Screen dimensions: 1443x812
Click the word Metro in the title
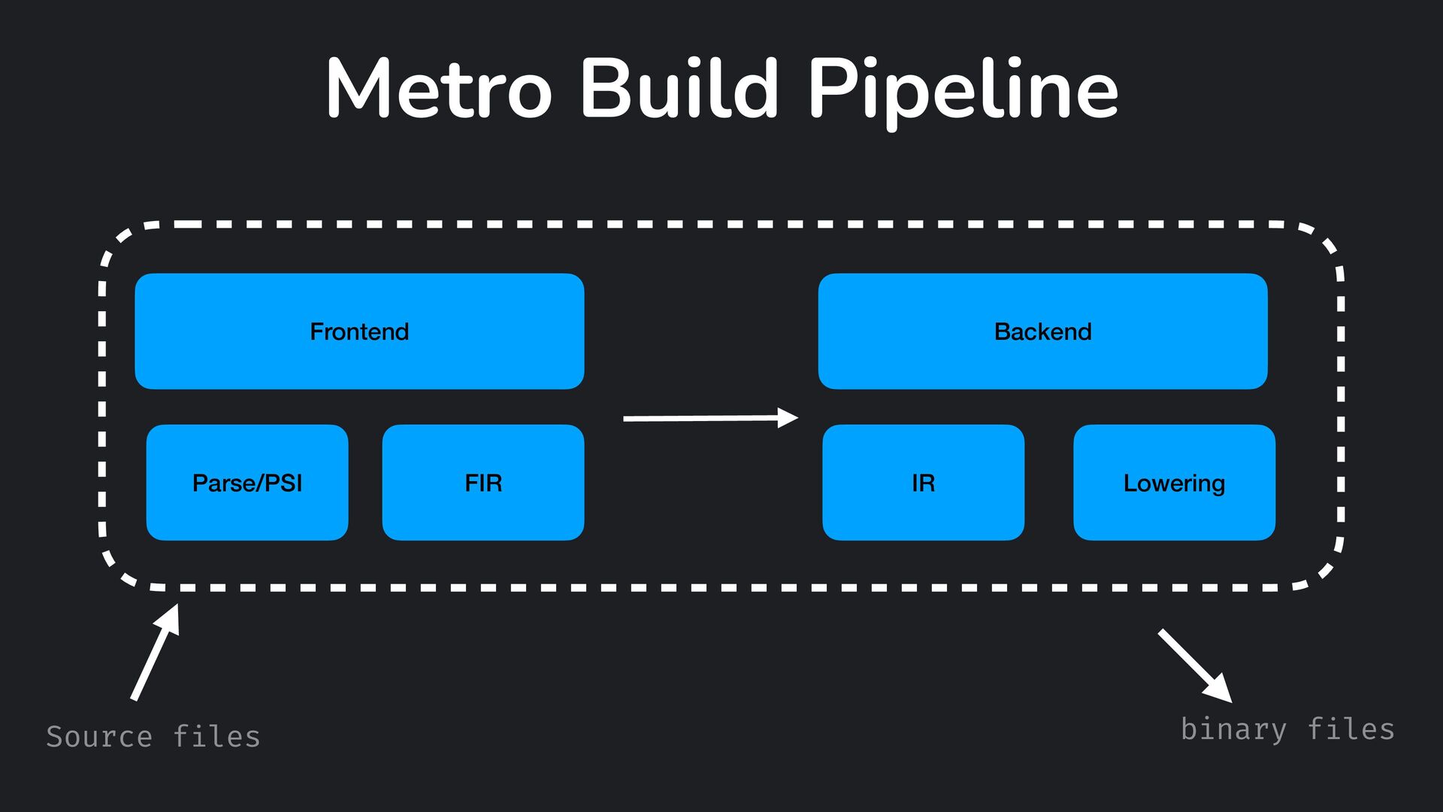click(439, 89)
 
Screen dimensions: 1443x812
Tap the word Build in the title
click(679, 87)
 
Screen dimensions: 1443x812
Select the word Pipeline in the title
click(964, 92)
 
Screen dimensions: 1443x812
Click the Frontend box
click(359, 331)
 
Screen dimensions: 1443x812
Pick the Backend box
click(1042, 331)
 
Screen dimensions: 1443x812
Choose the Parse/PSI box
click(247, 482)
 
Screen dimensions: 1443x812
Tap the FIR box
click(483, 482)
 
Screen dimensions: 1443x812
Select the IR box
click(923, 482)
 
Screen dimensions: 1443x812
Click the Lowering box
click(1174, 482)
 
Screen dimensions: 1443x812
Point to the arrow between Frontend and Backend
click(711, 418)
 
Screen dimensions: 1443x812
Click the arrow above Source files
click(156, 652)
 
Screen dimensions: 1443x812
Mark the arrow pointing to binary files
click(1195, 666)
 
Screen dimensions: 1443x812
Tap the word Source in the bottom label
click(99, 737)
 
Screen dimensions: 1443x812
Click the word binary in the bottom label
click(1233, 729)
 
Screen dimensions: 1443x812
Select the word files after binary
click(1351, 729)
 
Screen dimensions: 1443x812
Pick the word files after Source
click(217, 736)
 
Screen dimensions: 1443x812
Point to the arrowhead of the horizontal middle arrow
click(788, 418)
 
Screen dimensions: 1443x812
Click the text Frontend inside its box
click(359, 332)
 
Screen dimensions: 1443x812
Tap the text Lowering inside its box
click(1174, 483)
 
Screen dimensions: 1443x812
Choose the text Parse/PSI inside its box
click(247, 483)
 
